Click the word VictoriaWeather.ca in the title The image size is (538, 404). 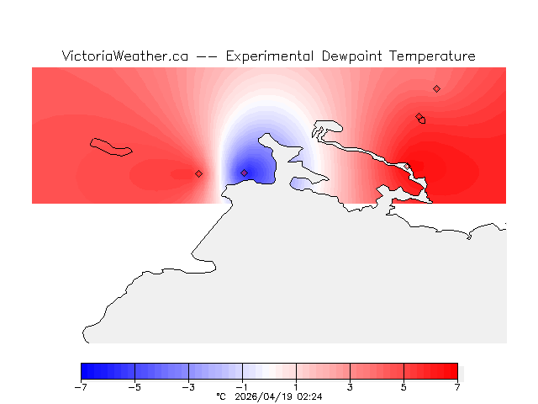[124, 56]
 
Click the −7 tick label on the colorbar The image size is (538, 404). [81, 387]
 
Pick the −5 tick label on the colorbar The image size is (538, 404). [134, 387]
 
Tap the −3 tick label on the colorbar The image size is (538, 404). [188, 387]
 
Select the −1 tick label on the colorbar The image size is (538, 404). [242, 387]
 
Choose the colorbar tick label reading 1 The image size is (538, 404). [297, 387]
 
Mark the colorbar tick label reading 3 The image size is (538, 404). [351, 387]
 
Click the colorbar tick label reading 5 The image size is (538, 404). [404, 387]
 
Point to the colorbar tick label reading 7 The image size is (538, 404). [458, 387]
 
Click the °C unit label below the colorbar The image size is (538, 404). [221, 396]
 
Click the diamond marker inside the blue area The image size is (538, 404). [245, 173]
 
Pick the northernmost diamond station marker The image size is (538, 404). [436, 88]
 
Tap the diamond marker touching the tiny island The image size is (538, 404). [419, 117]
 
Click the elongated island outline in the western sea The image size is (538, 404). [112, 147]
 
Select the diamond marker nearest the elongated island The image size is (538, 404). [199, 173]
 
